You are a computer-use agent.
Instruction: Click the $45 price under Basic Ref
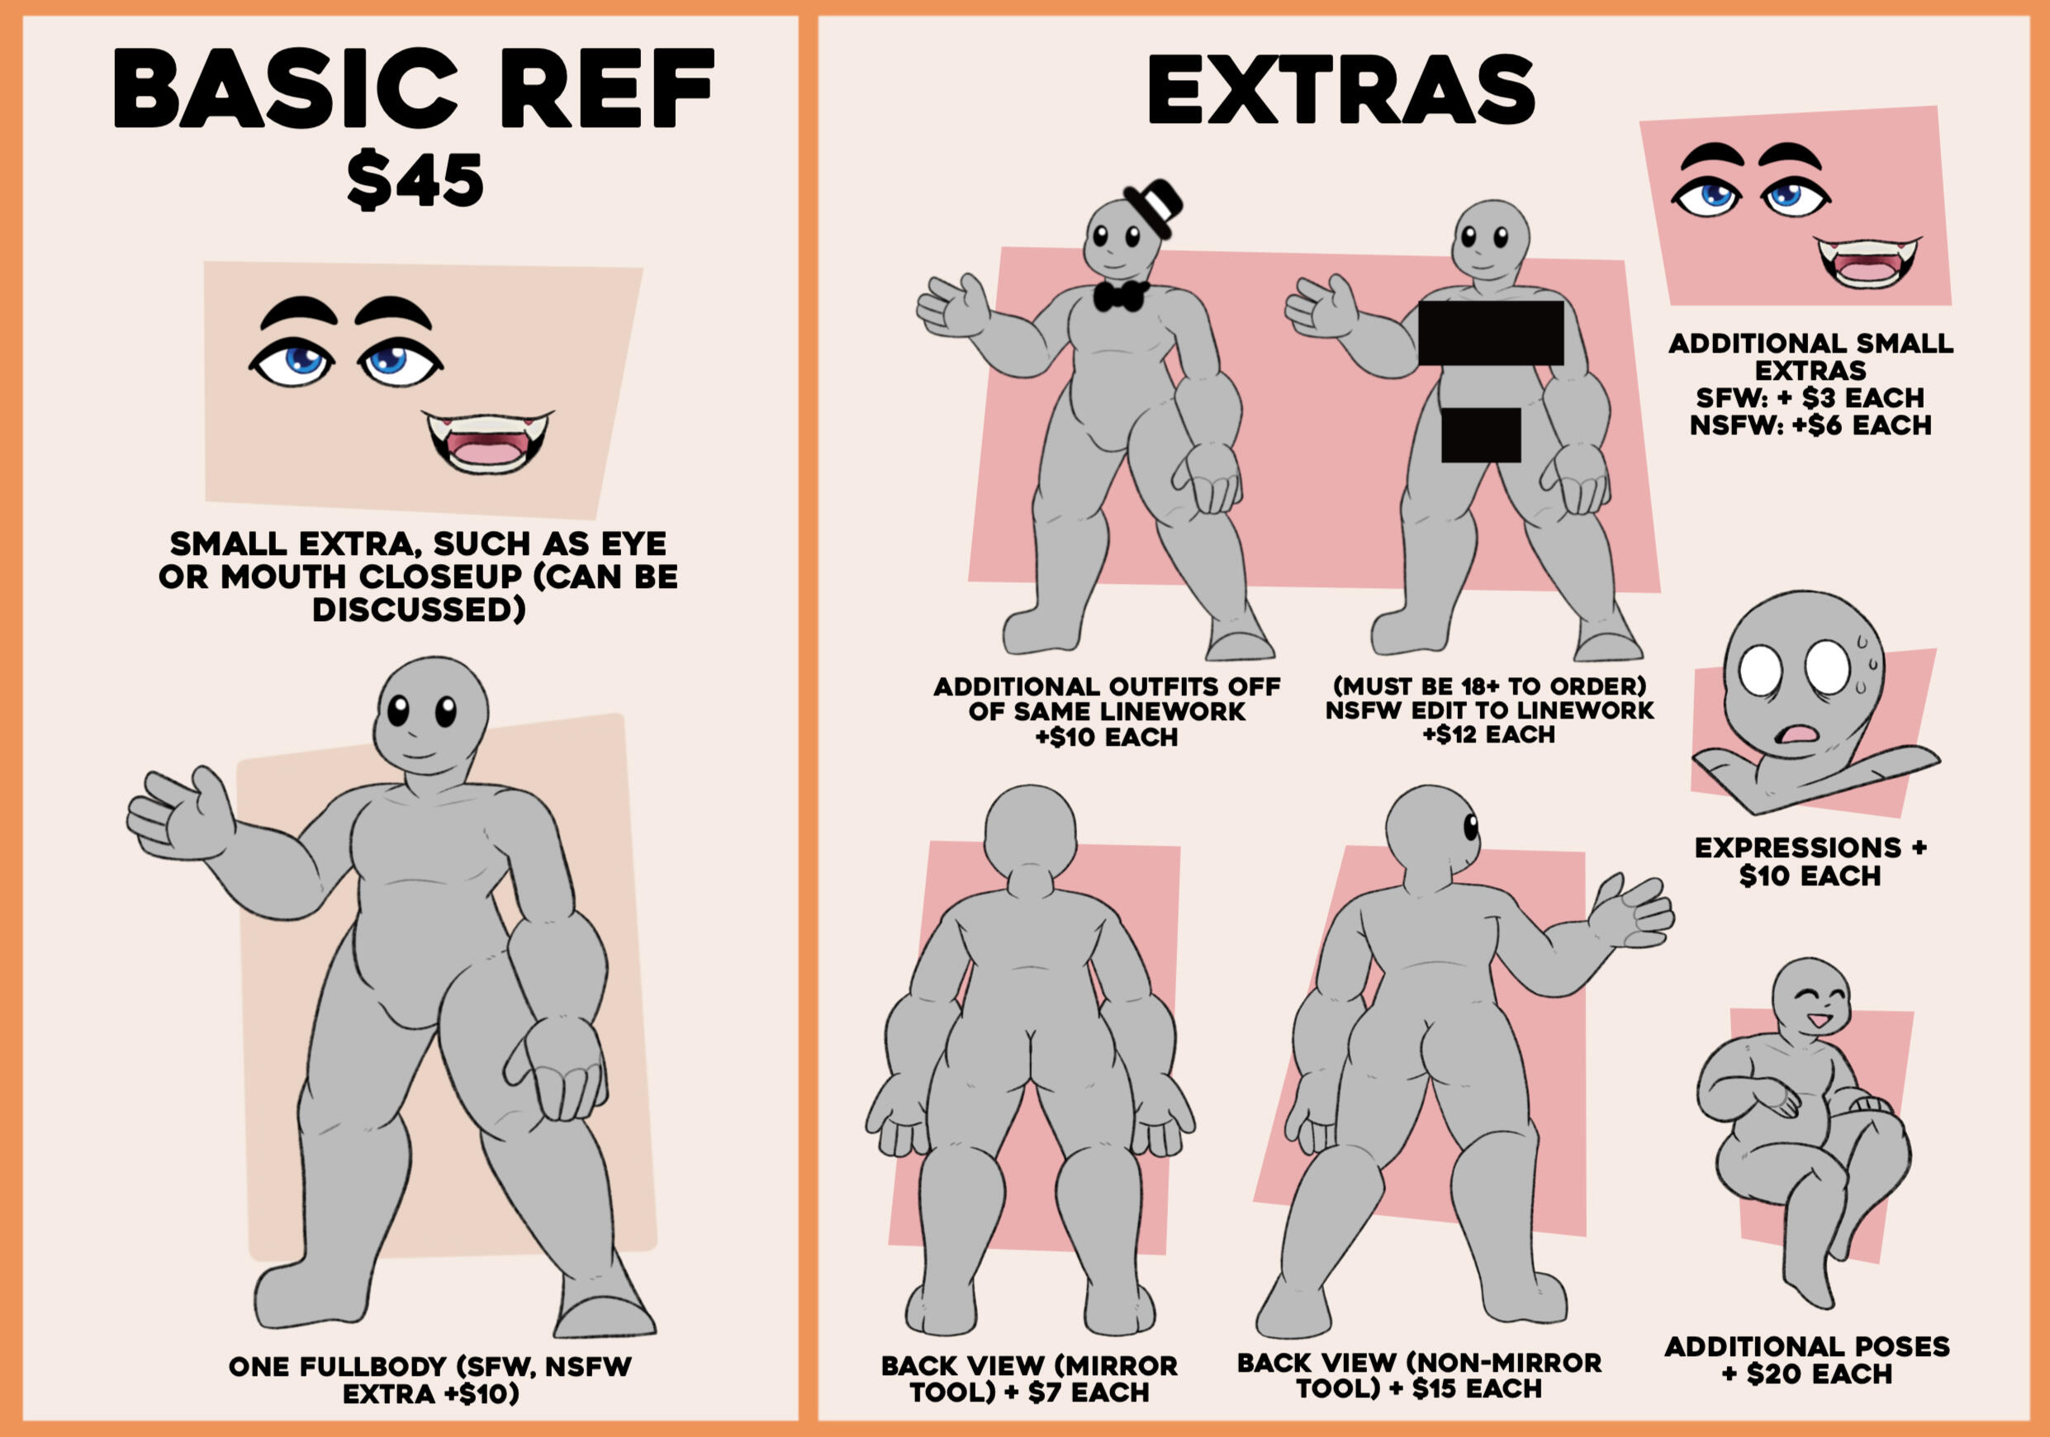pos(416,180)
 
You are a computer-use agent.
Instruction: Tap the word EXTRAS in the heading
pos(1341,89)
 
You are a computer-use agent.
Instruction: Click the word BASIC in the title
pos(285,88)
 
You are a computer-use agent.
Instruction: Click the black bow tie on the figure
pos(1121,296)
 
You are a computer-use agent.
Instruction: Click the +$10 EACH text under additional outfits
pos(1106,737)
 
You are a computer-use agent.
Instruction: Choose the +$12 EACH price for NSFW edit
pos(1489,734)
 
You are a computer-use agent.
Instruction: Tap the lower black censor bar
pos(1481,435)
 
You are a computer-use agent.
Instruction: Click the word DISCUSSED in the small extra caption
pos(419,610)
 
